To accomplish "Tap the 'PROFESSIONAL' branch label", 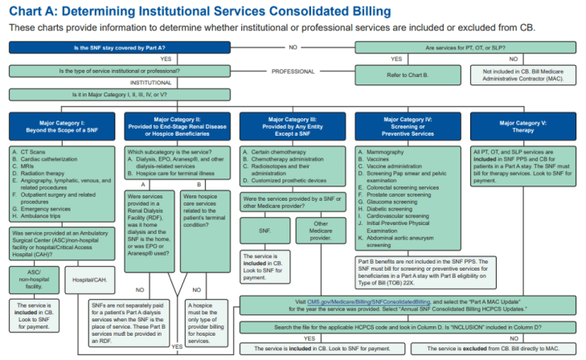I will click(293, 72).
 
